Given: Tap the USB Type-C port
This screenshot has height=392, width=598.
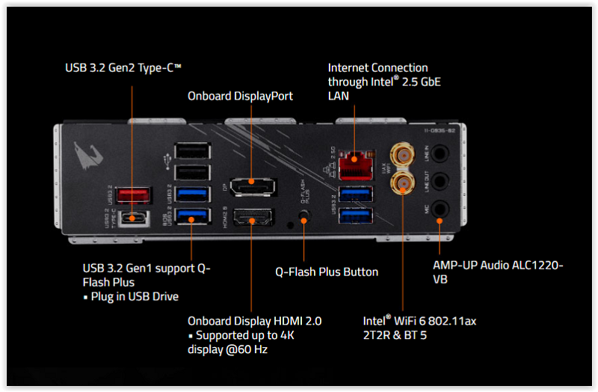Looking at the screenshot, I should (132, 218).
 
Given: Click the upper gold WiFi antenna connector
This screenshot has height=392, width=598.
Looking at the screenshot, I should (404, 156).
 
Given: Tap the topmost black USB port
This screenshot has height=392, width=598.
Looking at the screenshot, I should (190, 150).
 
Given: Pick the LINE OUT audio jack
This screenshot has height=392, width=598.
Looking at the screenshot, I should (440, 180).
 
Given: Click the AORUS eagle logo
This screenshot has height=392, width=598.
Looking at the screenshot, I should (89, 156).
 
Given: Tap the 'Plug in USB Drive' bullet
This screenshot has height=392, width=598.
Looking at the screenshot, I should (134, 296).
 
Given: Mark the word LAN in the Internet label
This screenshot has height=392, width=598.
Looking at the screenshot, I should (339, 96).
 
